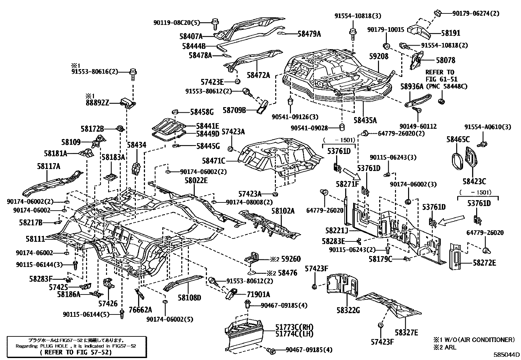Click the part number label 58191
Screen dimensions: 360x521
click(450, 33)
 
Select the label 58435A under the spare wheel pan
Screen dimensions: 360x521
click(365, 120)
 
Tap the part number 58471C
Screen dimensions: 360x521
click(214, 161)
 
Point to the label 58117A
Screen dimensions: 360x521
click(48, 166)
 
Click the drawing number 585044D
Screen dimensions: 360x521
click(507, 354)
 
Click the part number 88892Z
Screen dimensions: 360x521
click(97, 103)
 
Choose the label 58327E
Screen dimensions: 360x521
click(406, 332)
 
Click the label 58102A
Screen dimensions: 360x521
click(283, 211)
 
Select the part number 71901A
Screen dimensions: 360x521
click(259, 294)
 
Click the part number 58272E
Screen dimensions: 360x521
click(484, 263)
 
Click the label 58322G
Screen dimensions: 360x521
click(348, 310)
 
